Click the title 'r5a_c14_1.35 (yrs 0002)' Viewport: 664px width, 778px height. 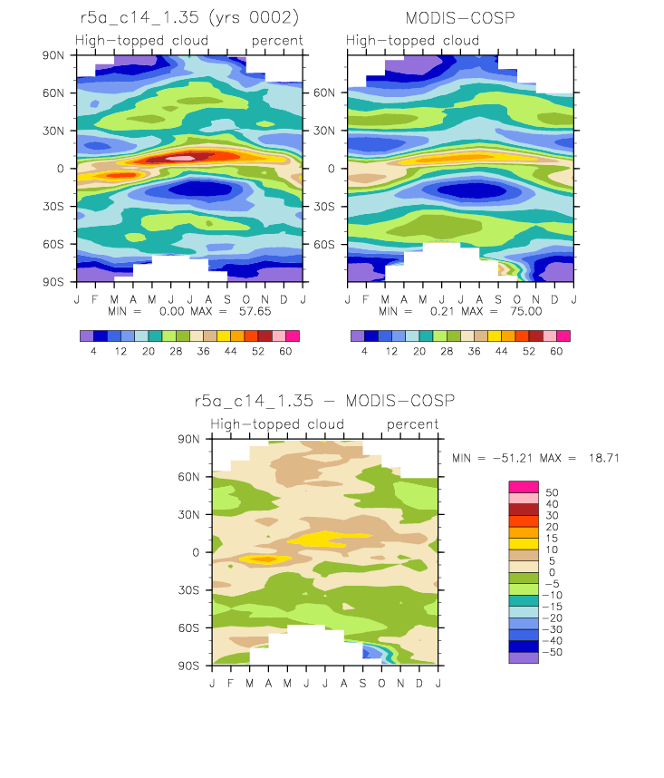189,18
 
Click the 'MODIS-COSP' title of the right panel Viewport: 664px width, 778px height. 460,18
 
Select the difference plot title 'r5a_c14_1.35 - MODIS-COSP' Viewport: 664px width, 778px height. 324,401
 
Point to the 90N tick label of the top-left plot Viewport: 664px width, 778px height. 53,55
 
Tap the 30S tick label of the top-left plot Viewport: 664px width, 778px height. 53,207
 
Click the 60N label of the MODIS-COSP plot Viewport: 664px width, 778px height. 324,92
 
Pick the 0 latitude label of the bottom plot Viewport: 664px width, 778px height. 196,552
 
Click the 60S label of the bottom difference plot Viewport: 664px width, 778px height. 188,628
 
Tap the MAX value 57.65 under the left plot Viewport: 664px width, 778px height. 255,311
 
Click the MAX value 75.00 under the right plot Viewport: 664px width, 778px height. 525,311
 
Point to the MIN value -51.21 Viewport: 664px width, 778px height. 513,458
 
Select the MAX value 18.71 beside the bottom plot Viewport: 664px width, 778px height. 604,458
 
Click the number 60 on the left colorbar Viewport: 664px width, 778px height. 285,351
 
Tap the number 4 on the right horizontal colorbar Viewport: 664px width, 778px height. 365,351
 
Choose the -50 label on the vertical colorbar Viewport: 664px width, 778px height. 553,652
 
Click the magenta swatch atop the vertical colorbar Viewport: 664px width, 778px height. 524,487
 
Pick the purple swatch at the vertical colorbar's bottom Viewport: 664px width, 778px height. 524,657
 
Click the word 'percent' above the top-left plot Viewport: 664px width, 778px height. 277,41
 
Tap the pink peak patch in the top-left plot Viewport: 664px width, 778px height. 180,159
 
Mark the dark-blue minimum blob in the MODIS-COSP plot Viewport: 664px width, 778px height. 472,190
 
